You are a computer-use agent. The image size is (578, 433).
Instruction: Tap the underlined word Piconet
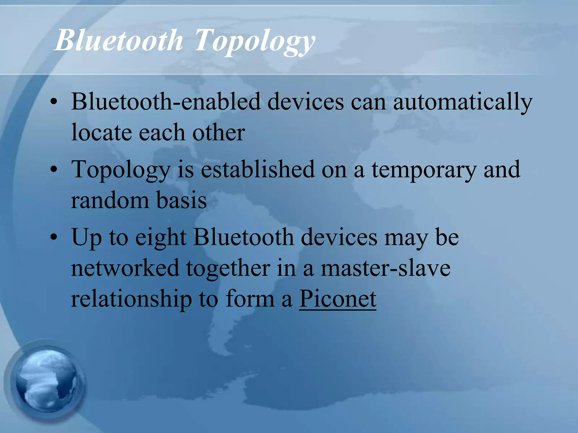point(338,299)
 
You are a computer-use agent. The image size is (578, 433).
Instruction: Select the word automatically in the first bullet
point(463,102)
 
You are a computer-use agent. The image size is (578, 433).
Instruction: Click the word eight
point(161,237)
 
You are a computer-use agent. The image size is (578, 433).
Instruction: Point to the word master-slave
point(386,268)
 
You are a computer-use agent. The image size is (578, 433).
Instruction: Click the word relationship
point(132,299)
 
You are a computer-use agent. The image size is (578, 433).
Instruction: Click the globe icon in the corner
point(47,380)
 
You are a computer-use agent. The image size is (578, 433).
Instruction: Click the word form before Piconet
point(250,299)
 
